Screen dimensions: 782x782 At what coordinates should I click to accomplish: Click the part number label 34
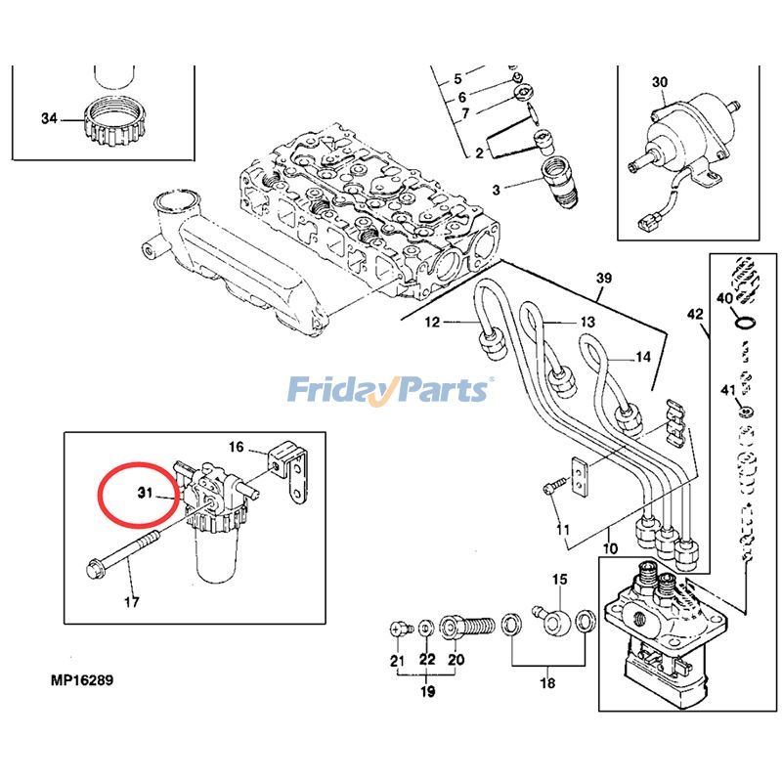pos(49,119)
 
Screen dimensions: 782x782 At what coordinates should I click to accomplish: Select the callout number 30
pos(660,82)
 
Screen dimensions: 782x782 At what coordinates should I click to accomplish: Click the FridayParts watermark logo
pos(389,390)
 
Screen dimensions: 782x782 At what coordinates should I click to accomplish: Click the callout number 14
pos(642,358)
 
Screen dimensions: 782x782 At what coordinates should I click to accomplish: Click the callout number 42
pos(695,315)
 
